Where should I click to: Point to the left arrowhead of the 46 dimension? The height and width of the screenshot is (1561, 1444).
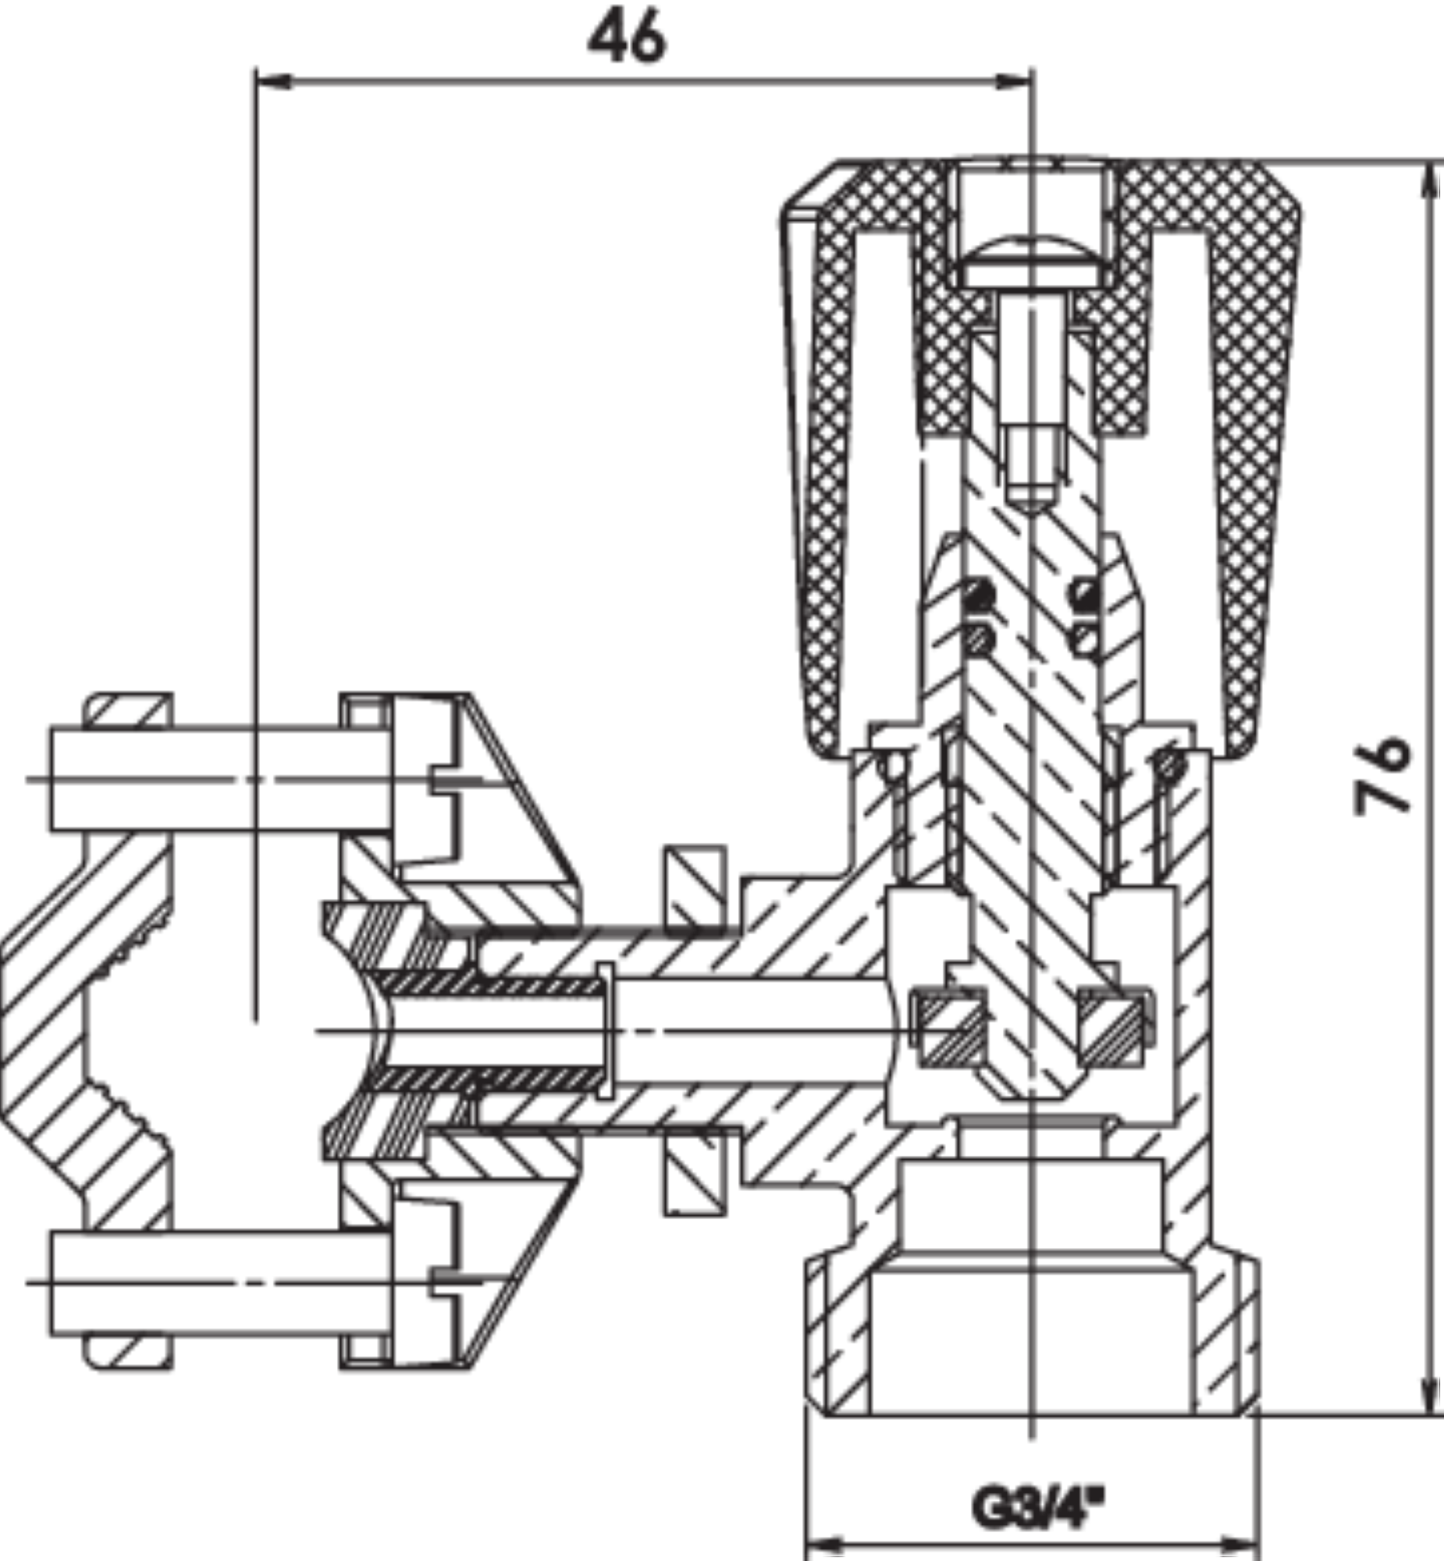[273, 81]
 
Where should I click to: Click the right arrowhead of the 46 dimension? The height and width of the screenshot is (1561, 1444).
[1013, 81]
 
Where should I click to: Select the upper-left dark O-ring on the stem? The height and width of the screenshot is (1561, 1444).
[978, 596]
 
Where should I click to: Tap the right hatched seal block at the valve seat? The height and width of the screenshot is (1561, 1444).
[1113, 1027]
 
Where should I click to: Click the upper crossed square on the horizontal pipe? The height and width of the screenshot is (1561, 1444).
[695, 886]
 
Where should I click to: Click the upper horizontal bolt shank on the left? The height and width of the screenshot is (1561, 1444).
[219, 779]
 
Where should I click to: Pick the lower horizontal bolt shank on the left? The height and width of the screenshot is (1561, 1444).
[219, 1283]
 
